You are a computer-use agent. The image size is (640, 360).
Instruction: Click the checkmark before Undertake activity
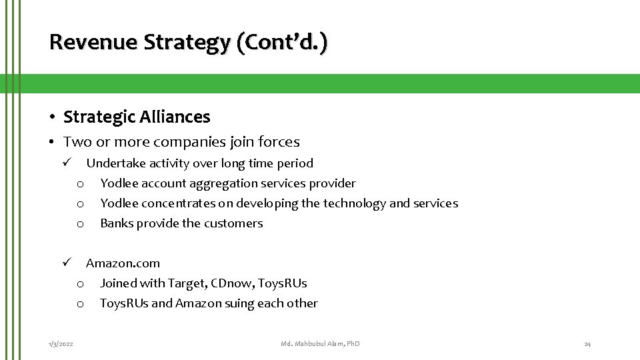click(67, 163)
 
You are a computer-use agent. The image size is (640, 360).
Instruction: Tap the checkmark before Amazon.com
click(67, 263)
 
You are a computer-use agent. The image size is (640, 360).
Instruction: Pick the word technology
click(353, 203)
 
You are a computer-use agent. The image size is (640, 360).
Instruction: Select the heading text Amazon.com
click(123, 263)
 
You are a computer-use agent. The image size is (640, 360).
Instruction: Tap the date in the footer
click(61, 344)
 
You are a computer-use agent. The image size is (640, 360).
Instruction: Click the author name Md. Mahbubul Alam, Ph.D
click(320, 344)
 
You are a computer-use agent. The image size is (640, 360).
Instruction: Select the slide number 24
click(587, 344)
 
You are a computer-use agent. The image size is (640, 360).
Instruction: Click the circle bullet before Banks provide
click(80, 224)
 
